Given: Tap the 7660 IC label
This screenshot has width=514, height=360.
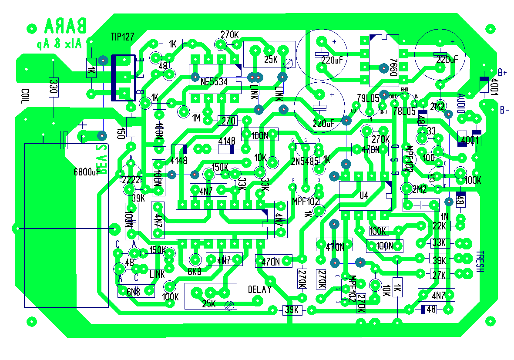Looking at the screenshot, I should [x=394, y=67].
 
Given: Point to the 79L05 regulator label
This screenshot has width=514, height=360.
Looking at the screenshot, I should [x=368, y=99].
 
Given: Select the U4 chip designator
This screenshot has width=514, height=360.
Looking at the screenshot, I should [x=364, y=196].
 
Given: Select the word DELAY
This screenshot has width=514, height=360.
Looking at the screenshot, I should [x=260, y=289].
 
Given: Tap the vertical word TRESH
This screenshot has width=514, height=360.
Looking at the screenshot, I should [x=479, y=262].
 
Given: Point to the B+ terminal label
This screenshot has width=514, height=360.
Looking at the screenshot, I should [x=503, y=72].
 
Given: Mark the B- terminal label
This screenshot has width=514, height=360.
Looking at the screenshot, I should [x=504, y=110].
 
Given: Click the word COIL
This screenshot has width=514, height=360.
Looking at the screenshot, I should [x=24, y=99].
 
